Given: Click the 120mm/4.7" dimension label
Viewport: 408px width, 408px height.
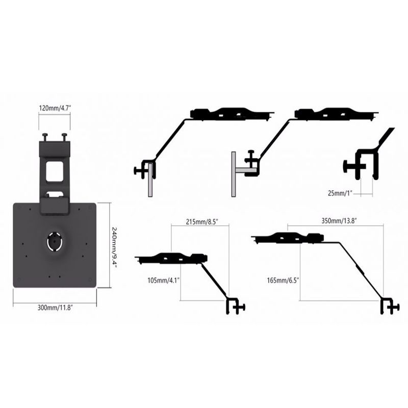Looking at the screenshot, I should [55, 108].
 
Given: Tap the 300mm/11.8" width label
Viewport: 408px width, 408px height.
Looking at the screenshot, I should [55, 308].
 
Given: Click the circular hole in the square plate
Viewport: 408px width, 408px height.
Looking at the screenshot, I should [55, 241].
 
